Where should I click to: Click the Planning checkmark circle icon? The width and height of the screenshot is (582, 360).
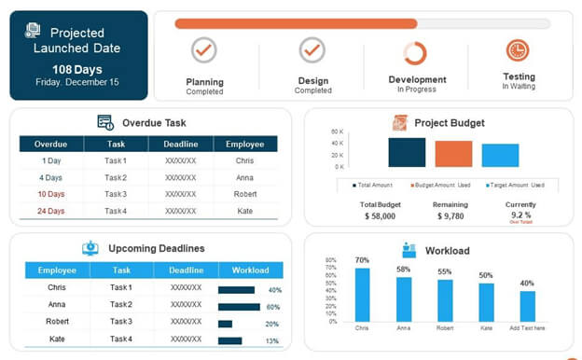click(x=204, y=49)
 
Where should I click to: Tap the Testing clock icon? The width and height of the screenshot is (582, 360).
click(x=518, y=50)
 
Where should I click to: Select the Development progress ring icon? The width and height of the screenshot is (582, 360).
click(x=415, y=53)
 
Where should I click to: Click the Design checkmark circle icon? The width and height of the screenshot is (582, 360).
click(x=312, y=49)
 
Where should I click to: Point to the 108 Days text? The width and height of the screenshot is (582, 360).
click(x=77, y=69)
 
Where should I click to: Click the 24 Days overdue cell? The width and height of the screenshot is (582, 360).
click(x=51, y=211)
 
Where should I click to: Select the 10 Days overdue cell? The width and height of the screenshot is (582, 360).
click(x=51, y=194)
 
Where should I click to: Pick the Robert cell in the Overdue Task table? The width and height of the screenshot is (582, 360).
click(x=244, y=194)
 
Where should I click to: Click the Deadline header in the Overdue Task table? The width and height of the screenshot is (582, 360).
click(x=180, y=145)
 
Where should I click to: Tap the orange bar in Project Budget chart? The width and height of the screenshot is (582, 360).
click(x=453, y=154)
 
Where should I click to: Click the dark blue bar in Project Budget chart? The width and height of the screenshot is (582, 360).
click(x=407, y=152)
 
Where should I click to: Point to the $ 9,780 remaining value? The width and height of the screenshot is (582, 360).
click(x=450, y=216)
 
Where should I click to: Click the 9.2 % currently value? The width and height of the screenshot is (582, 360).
click(x=520, y=215)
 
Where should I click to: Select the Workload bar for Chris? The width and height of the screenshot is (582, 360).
click(x=362, y=295)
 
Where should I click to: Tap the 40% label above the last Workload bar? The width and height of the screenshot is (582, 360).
click(x=528, y=284)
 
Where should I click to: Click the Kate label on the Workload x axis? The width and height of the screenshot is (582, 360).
click(x=486, y=328)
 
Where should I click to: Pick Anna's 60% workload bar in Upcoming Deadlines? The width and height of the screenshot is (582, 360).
click(x=239, y=307)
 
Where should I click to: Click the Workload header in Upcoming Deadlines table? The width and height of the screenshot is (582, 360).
click(x=250, y=270)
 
